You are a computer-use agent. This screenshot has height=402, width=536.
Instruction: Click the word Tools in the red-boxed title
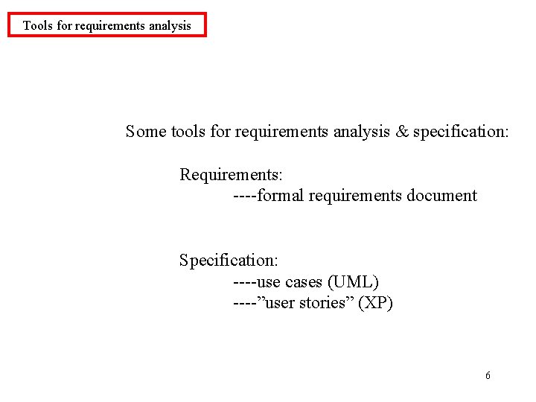38,25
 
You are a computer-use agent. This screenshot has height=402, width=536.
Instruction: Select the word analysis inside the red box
170,25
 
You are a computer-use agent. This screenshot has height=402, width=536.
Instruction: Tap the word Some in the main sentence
147,132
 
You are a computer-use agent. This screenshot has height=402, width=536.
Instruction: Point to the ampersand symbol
402,132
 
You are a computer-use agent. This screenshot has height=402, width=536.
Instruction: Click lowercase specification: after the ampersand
461,132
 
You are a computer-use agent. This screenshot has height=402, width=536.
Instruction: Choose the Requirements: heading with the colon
231,175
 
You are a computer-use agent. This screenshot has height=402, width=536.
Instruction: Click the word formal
280,196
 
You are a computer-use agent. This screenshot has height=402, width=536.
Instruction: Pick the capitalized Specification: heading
229,261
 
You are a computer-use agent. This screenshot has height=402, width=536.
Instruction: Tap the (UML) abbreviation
353,282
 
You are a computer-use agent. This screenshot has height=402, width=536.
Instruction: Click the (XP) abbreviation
376,303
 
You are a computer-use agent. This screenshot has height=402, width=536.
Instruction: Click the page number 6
488,375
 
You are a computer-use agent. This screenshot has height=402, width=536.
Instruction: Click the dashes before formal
244,196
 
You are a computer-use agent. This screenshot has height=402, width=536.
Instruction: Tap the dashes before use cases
244,282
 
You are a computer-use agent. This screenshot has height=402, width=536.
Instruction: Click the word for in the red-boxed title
65,25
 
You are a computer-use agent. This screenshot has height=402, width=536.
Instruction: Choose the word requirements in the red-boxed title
110,25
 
